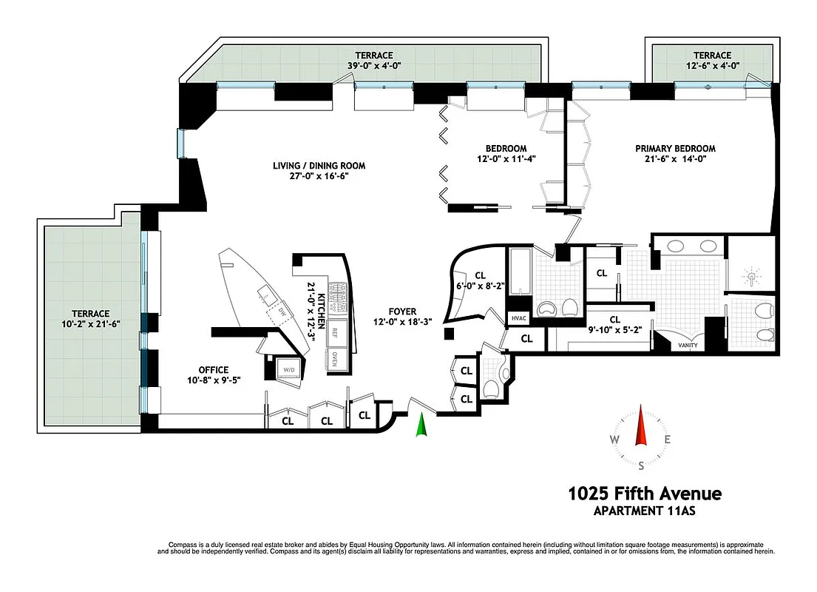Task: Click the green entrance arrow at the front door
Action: [x=421, y=425]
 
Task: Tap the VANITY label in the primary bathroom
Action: [x=688, y=345]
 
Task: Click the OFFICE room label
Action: [x=213, y=370]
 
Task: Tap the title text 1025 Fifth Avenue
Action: [x=644, y=494]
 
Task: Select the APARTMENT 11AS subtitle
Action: [x=644, y=511]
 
